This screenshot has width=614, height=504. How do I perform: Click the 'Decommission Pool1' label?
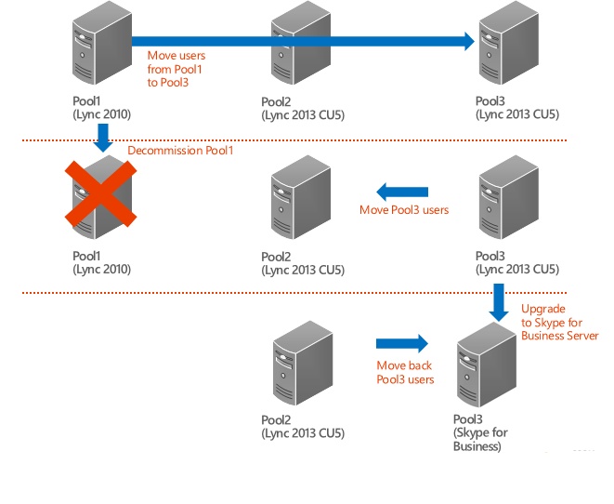(181, 150)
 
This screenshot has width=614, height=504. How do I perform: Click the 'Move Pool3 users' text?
(404, 210)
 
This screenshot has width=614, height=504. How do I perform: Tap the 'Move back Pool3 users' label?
(405, 372)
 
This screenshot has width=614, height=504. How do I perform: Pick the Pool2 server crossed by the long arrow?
(299, 46)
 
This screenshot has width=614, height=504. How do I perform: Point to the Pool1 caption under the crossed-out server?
(102, 263)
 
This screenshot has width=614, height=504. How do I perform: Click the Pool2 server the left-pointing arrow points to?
(299, 198)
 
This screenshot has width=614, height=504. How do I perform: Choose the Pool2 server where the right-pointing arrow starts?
(303, 366)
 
